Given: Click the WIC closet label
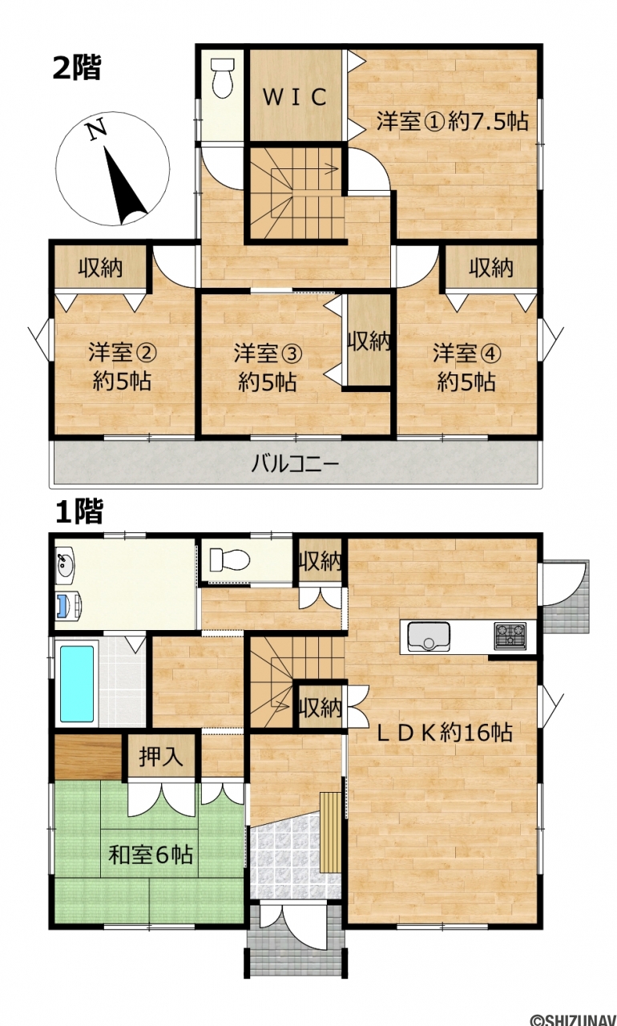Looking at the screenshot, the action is pyautogui.click(x=295, y=97).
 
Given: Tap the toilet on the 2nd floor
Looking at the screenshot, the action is pyautogui.click(x=223, y=79).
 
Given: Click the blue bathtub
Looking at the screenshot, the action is pyautogui.click(x=77, y=683).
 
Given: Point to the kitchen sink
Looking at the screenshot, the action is pyautogui.click(x=429, y=636).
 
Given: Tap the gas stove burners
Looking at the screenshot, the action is pyautogui.click(x=510, y=636).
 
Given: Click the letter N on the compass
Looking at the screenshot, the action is pyautogui.click(x=98, y=129).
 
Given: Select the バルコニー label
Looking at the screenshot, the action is pyautogui.click(x=295, y=464).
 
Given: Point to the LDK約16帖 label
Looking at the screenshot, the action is pyautogui.click(x=445, y=733).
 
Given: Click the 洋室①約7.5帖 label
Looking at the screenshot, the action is pyautogui.click(x=452, y=121).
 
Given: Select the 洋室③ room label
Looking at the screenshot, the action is pyautogui.click(x=268, y=353).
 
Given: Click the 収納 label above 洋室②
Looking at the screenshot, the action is pyautogui.click(x=100, y=267).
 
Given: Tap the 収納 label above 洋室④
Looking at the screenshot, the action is pyautogui.click(x=491, y=267).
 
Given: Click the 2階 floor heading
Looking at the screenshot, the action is pyautogui.click(x=77, y=67).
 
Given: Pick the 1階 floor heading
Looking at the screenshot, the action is pyautogui.click(x=79, y=511).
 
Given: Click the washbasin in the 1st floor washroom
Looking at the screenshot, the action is pyautogui.click(x=65, y=566).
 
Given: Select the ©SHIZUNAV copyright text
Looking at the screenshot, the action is pyautogui.click(x=573, y=1018).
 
